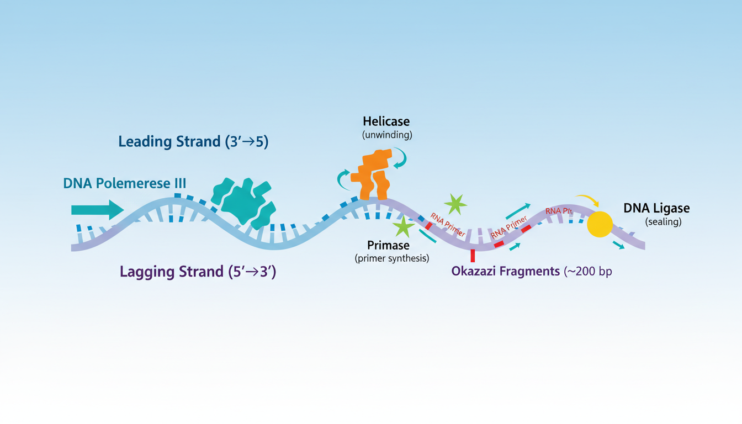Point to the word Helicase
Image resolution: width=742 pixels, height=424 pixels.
(386, 121)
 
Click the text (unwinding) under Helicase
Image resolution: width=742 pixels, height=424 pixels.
(386, 134)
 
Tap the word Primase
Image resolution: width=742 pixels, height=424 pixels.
(388, 245)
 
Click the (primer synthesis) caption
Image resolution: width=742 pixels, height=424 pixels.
(392, 258)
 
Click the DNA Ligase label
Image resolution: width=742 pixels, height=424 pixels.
(656, 209)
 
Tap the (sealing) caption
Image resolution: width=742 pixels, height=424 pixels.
(663, 222)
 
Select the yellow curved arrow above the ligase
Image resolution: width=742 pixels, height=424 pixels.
(586, 200)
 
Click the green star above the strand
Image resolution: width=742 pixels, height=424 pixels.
(455, 204)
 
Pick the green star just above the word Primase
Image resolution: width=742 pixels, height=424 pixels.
(404, 226)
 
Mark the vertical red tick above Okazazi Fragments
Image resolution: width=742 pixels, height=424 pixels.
(473, 256)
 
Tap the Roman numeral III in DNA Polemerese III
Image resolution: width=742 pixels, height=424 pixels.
(180, 184)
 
